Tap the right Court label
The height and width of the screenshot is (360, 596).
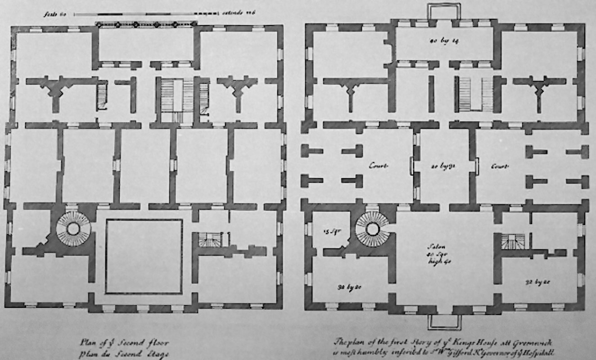[x=500, y=166]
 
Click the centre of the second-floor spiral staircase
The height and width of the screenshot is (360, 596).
[x=73, y=228]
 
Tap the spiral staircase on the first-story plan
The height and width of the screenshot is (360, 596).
[x=372, y=228]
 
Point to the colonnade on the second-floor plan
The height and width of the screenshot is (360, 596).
[x=146, y=24]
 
